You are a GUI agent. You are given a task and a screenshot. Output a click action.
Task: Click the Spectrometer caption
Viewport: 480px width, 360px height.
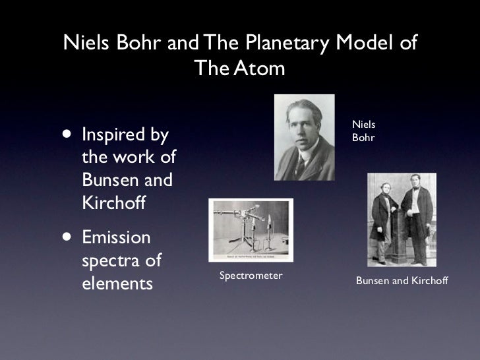(251, 275)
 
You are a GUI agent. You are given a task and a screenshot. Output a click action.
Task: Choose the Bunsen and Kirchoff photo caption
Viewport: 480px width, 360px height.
(402, 281)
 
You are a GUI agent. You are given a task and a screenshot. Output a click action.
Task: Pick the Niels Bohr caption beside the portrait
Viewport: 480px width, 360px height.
(363, 131)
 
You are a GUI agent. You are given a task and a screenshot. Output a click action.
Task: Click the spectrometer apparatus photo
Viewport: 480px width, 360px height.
(251, 230)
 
